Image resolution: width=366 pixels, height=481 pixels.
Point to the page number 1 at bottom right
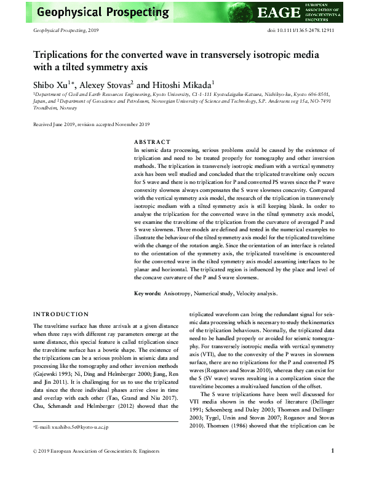coord(332,467)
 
